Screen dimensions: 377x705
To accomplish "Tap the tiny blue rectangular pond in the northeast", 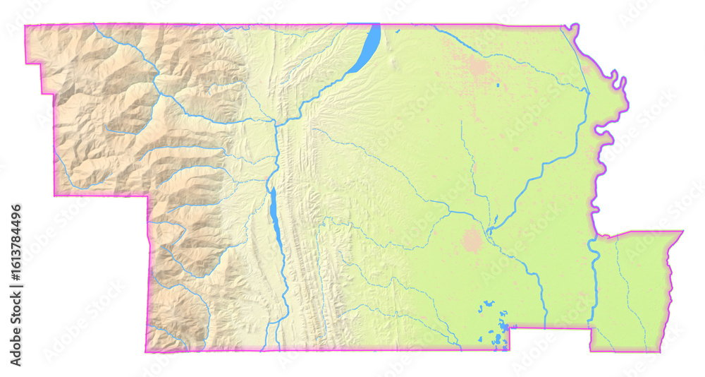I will pyautogui.click(x=498, y=85).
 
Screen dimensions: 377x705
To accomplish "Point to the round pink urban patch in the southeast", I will pyautogui.click(x=472, y=240).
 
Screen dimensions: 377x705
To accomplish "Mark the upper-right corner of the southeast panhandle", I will pyautogui.click(x=682, y=231).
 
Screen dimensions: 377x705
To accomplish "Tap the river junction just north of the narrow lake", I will pyautogui.click(x=274, y=124).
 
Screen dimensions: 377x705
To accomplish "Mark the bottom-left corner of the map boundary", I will pyautogui.click(x=146, y=351).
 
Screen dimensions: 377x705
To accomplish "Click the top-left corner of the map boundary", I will pyautogui.click(x=26, y=26).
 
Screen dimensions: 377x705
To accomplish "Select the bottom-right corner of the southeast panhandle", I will pyautogui.click(x=661, y=350).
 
